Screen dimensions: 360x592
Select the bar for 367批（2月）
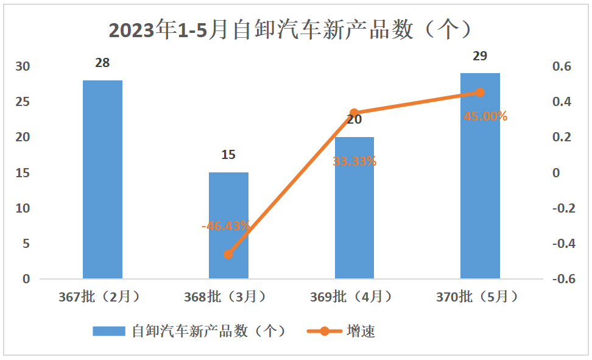click(x=102, y=179)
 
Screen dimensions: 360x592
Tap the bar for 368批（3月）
click(x=228, y=225)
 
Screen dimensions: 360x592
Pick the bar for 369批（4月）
click(x=354, y=208)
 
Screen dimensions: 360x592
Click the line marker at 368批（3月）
click(x=228, y=255)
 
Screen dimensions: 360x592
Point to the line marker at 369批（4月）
click(x=354, y=113)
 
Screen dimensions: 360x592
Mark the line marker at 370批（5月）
click(x=480, y=93)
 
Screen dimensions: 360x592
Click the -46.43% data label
click(x=225, y=225)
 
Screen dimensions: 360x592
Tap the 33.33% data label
click(x=354, y=161)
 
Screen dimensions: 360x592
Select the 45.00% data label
click(x=485, y=116)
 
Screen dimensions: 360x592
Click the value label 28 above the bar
click(x=102, y=63)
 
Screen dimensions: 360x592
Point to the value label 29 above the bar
click(x=480, y=56)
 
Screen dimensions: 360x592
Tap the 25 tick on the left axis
click(x=23, y=102)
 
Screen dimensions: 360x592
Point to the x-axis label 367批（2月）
click(x=100, y=297)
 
